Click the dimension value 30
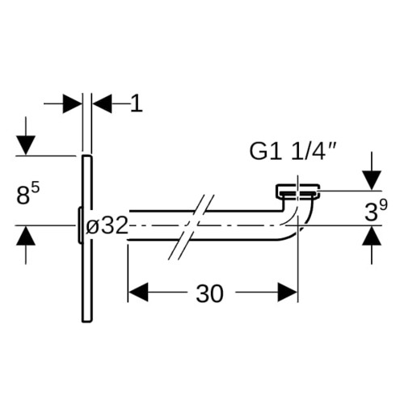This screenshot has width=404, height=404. tap(209, 293)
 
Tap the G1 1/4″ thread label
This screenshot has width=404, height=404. tap(292, 152)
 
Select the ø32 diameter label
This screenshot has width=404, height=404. tap(107, 225)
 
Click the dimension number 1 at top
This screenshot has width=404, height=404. tap(137, 103)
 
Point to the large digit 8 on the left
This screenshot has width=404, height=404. tap(23, 196)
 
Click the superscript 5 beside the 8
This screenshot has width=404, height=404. tap(36, 187)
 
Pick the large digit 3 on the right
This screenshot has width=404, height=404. tap(372, 212)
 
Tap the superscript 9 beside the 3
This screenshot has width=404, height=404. tap(383, 204)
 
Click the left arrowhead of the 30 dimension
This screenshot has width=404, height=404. tap(138, 292)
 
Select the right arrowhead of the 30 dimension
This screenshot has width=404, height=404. tap(288, 292)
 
